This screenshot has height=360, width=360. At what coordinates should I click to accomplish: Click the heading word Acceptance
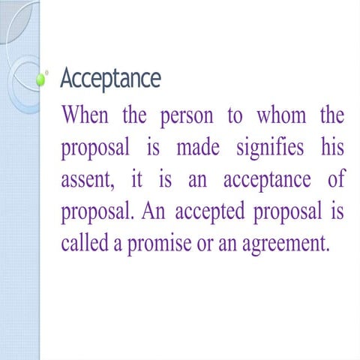109,77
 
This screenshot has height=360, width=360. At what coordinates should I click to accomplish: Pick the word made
196,148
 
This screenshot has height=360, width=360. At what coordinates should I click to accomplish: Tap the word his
331,148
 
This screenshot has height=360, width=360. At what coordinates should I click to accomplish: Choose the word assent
84,180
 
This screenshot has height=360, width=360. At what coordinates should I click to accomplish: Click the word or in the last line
208,244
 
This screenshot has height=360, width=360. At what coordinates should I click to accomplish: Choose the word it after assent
139,179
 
